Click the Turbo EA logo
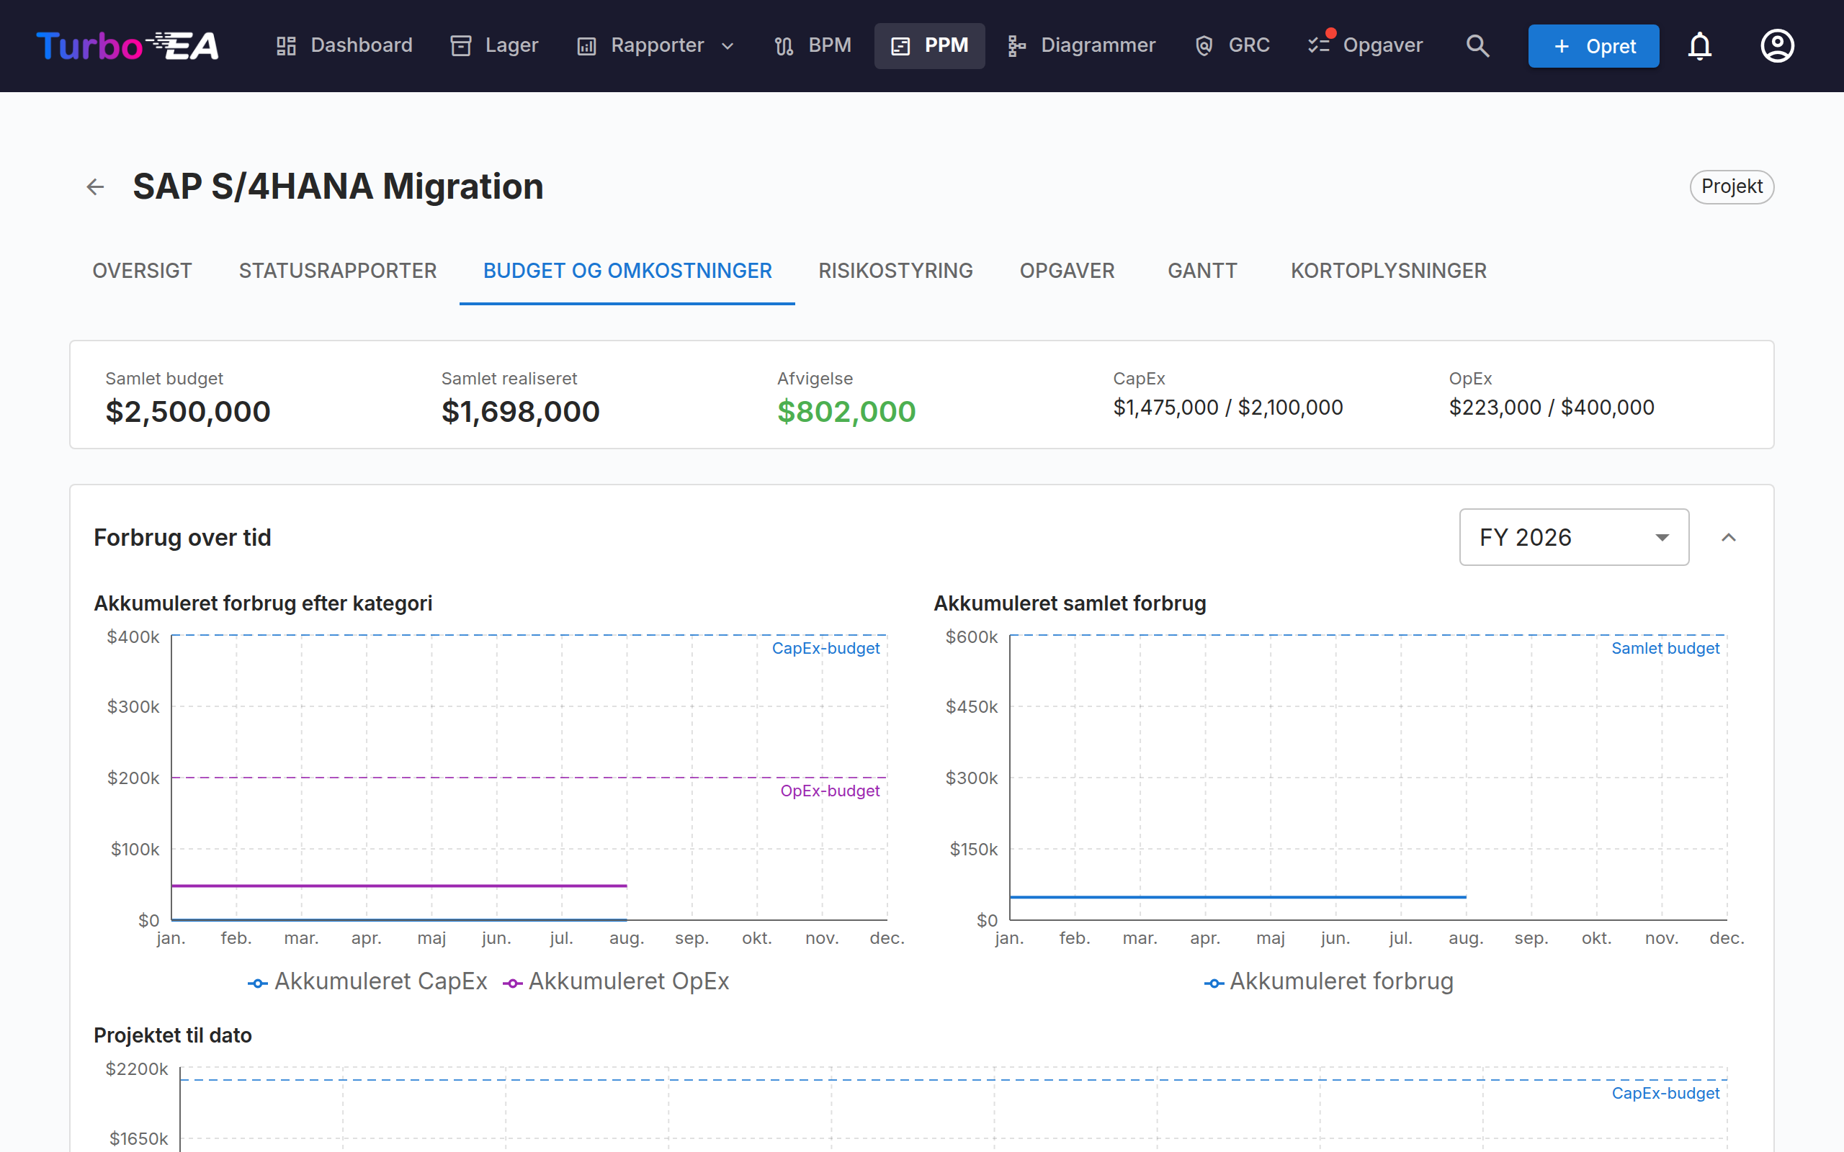pyautogui.click(x=128, y=45)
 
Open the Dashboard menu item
pyautogui.click(x=344, y=45)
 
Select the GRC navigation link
pyautogui.click(x=1232, y=45)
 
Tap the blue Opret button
pyautogui.click(x=1593, y=45)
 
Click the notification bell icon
pyautogui.click(x=1700, y=45)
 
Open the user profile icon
pyautogui.click(x=1777, y=45)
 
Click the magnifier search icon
pyautogui.click(x=1477, y=45)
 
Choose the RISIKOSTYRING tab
pyautogui.click(x=895, y=271)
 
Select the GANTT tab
pyautogui.click(x=1202, y=271)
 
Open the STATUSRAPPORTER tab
pyautogui.click(x=338, y=271)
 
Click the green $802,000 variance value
pyautogui.click(x=846, y=411)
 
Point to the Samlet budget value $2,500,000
pyautogui.click(x=187, y=411)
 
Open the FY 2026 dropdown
pyautogui.click(x=1573, y=537)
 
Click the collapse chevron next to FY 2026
pyautogui.click(x=1728, y=537)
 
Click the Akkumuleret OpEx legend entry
pyautogui.click(x=616, y=981)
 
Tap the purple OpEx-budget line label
pyautogui.click(x=830, y=791)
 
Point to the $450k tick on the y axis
pyautogui.click(x=972, y=707)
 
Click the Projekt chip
pyautogui.click(x=1732, y=186)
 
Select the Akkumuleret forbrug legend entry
pyautogui.click(x=1329, y=981)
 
